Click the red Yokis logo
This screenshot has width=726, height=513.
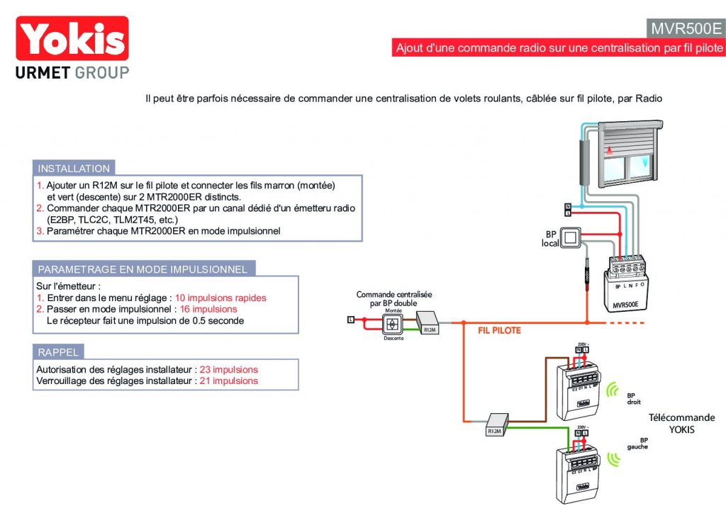tap(72, 38)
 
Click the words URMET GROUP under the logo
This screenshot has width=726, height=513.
tap(72, 72)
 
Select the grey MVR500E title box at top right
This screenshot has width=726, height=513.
tap(686, 28)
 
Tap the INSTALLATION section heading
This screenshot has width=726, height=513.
tap(74, 169)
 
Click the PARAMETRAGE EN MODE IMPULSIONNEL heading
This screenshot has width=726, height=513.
tap(143, 269)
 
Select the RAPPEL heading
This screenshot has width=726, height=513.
tap(58, 352)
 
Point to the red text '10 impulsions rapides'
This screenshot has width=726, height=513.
tap(220, 298)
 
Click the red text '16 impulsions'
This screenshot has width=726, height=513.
tap(206, 310)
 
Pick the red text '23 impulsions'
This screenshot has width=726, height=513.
tap(228, 370)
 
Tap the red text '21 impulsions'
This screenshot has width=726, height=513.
tap(228, 381)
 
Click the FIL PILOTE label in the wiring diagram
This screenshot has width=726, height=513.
tap(499, 330)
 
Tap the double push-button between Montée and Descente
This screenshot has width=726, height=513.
tap(392, 325)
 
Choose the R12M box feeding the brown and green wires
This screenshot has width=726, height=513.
tap(495, 425)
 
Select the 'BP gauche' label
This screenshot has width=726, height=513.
tap(637, 444)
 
